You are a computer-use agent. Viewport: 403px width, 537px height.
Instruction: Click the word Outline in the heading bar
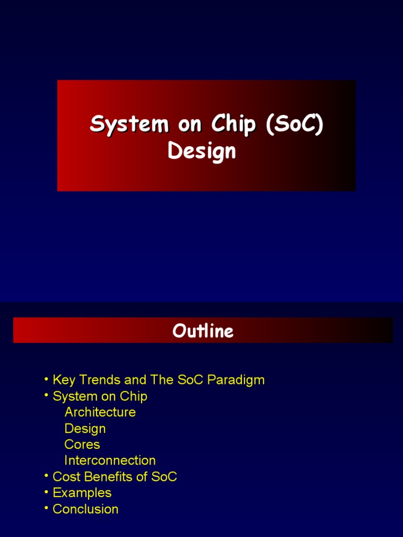(203, 331)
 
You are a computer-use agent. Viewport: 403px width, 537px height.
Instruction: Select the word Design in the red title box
(201, 151)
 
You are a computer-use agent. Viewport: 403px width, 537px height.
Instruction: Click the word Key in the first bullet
(64, 380)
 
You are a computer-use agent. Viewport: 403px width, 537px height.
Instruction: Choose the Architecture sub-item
(100, 412)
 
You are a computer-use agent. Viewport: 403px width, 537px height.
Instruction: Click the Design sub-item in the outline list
(85, 428)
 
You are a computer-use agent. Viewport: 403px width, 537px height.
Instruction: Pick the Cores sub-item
(82, 445)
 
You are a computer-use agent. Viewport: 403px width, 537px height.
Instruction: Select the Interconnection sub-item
(110, 460)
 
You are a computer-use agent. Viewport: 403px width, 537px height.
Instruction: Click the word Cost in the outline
(65, 477)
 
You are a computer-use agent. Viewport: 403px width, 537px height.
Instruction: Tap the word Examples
(82, 493)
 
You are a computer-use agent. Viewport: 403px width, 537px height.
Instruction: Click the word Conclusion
(86, 509)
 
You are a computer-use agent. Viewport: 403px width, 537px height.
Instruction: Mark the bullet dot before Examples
(47, 492)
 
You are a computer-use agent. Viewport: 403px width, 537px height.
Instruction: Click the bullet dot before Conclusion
(47, 508)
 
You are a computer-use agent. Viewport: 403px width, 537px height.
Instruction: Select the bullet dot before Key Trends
(47, 379)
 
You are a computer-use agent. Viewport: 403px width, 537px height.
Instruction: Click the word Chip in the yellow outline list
(134, 396)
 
